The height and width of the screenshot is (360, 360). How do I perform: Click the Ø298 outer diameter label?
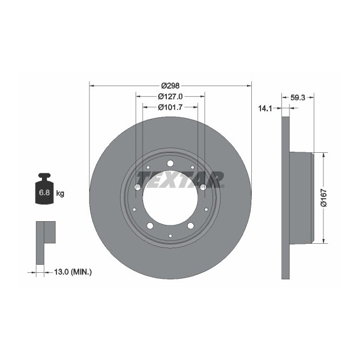coord(170,86)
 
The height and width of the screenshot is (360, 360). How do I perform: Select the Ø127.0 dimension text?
coord(170,96)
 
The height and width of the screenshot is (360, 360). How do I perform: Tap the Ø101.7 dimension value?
coord(170,107)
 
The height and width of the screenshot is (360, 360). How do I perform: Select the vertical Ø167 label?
coord(323,197)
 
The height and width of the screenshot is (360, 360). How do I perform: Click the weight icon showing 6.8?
coord(44,189)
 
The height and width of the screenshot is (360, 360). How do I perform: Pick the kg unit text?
coord(60,193)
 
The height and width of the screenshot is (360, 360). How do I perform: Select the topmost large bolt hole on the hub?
coord(170,164)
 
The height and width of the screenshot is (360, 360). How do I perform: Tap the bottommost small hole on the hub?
coord(170,236)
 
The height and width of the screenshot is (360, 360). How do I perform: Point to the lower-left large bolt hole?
coord(150,225)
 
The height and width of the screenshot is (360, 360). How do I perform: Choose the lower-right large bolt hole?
coord(190,225)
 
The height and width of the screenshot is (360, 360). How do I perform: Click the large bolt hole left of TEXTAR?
coord(137,187)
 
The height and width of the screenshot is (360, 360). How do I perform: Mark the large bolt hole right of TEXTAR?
coord(203,187)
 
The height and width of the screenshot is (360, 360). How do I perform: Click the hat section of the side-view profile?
coord(301,197)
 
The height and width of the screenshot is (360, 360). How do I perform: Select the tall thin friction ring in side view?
coord(285,197)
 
